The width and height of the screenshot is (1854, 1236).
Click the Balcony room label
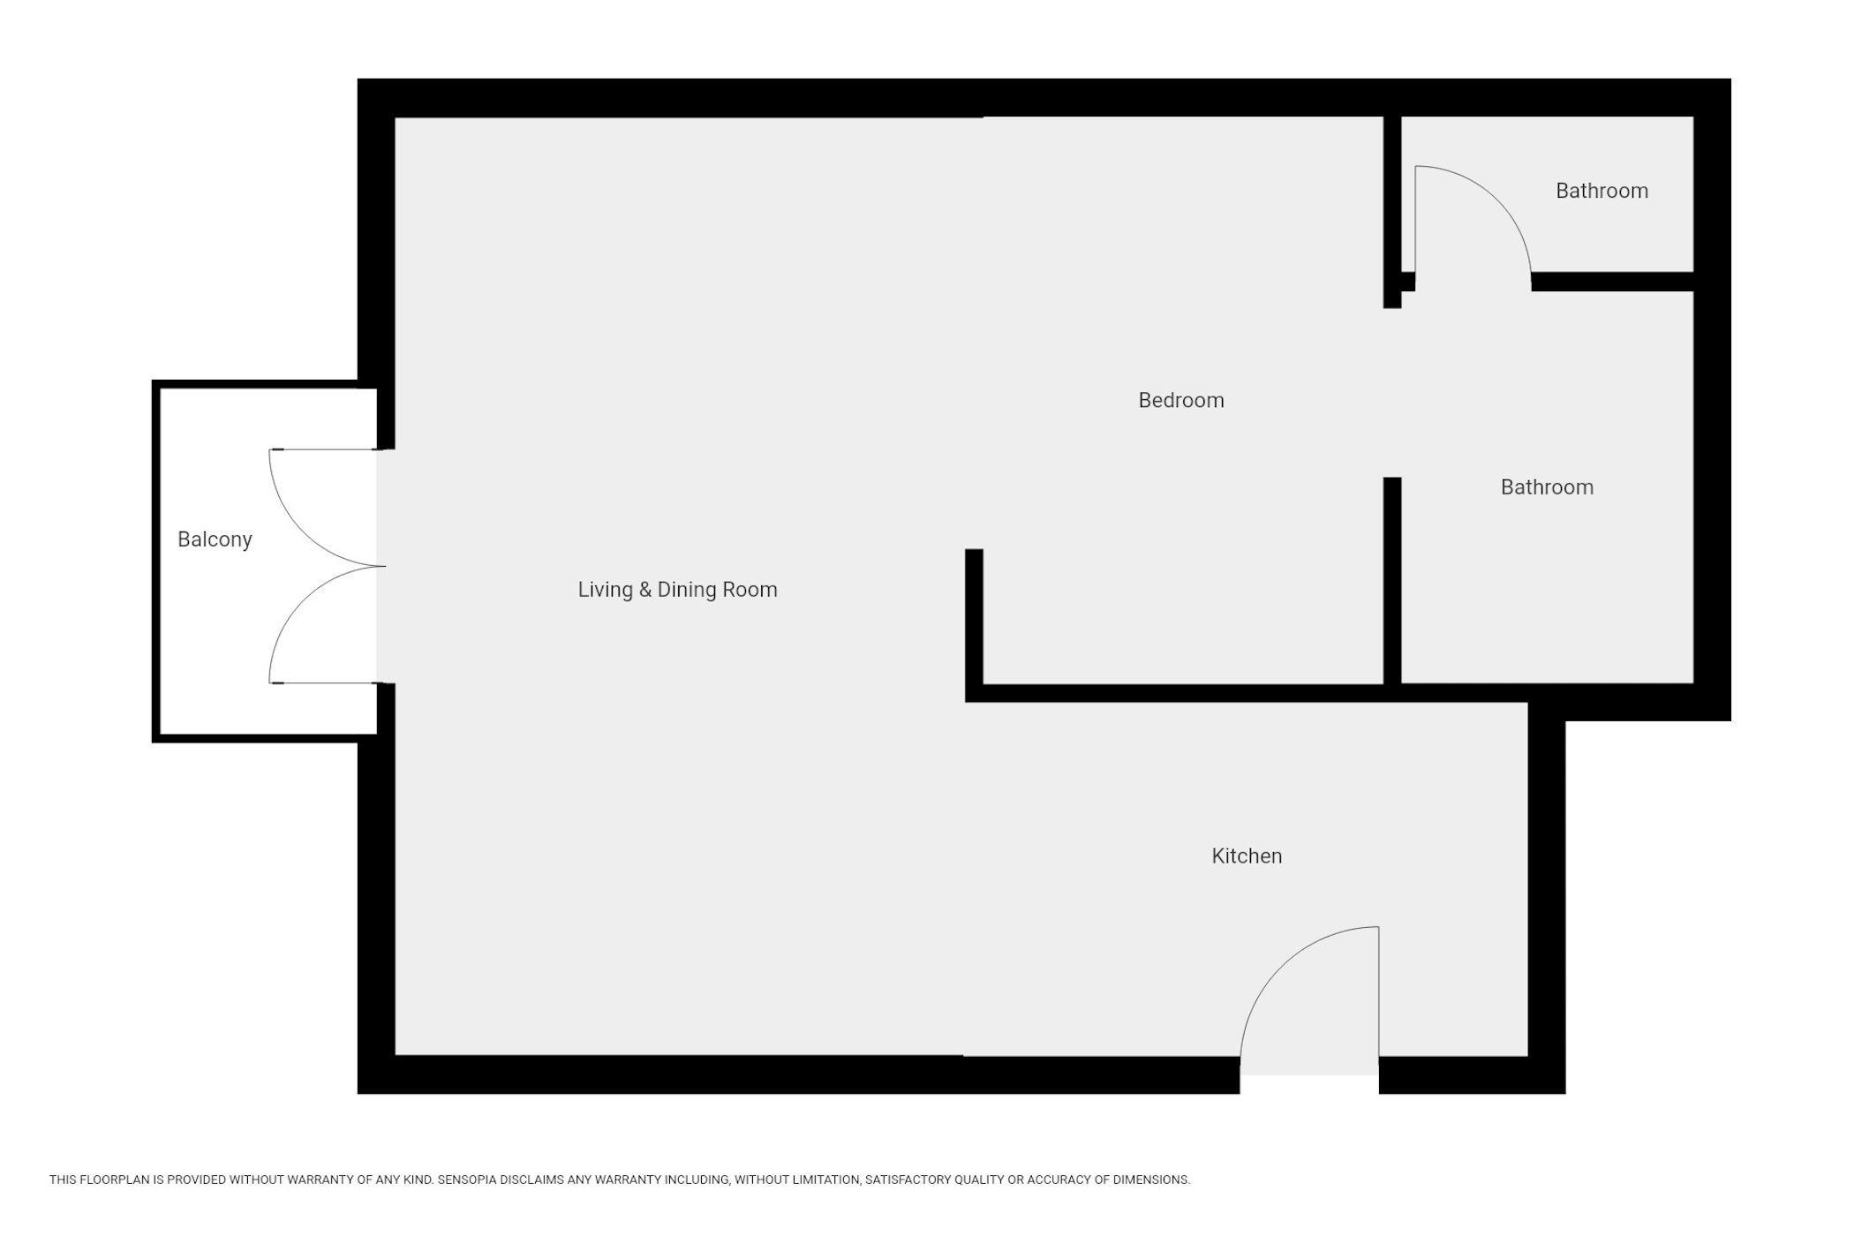click(215, 539)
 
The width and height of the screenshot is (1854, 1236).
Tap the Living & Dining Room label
click(677, 590)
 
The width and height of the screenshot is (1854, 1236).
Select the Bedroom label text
click(1181, 401)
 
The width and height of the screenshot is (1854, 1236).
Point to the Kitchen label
click(1247, 855)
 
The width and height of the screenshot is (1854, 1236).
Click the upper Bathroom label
click(1602, 191)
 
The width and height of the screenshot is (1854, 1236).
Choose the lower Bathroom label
click(1547, 487)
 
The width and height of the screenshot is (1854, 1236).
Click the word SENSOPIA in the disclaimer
click(468, 1179)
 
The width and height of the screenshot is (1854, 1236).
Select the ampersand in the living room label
click(645, 590)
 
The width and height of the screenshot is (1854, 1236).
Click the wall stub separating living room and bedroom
click(974, 625)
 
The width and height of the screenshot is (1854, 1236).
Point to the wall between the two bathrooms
click(1612, 282)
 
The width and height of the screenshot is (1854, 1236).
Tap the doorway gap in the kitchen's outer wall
click(1309, 1074)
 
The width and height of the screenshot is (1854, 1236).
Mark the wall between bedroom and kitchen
click(1246, 693)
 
